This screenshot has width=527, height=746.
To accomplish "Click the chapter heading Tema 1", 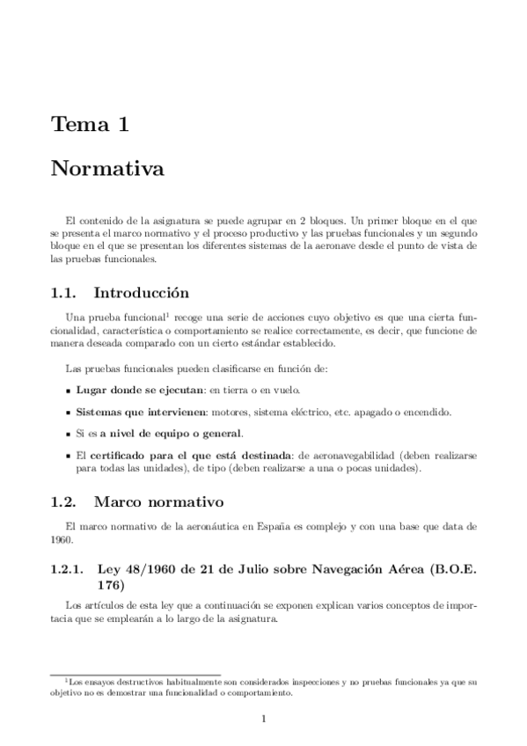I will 89,125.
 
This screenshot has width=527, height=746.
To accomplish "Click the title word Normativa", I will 107,167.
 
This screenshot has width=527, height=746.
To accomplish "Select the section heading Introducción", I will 141,292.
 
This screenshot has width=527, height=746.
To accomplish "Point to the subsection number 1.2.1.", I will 68,568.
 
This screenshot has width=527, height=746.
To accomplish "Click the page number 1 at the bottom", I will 264,719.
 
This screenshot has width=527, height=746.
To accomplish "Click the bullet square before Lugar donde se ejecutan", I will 69,389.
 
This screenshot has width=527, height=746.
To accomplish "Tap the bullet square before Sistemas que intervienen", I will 69,412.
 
